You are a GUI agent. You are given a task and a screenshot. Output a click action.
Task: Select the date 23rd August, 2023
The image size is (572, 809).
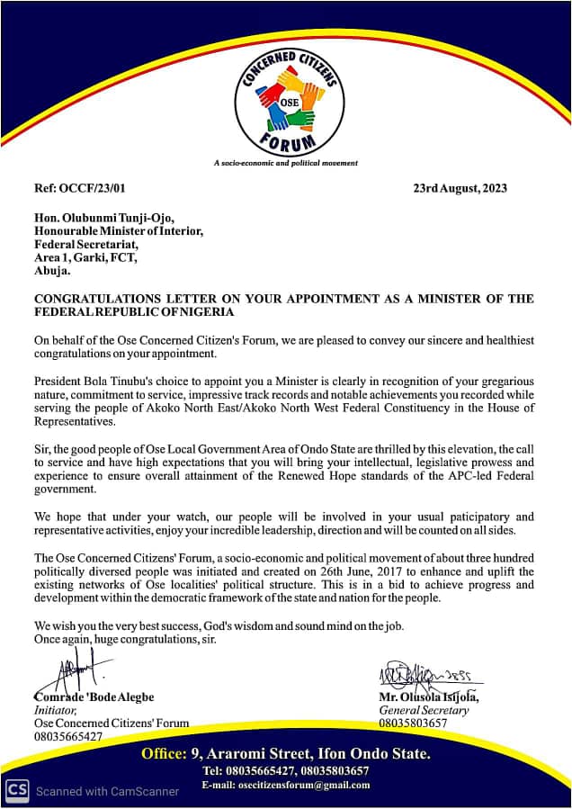coord(460,188)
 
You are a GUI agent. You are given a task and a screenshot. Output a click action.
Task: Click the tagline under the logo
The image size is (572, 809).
coord(285,163)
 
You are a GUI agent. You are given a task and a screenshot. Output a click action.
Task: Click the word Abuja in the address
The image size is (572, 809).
coord(53,268)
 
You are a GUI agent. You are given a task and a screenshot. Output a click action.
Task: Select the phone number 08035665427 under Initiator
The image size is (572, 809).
coord(67,736)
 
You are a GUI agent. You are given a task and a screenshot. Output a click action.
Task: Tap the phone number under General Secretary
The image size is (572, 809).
coord(413,723)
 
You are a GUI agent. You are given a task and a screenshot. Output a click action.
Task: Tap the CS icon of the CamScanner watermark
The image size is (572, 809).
coord(16,791)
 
